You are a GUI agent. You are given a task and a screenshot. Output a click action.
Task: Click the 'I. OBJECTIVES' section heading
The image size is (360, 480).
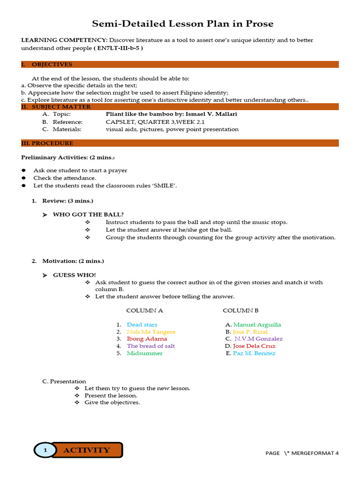coord(46,64)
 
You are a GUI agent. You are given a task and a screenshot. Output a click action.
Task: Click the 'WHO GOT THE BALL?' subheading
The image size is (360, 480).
coord(88,215)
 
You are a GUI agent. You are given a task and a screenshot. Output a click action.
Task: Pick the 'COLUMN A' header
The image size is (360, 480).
coord(144,310)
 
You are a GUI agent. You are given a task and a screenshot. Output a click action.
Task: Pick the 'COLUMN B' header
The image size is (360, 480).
coord(240,310)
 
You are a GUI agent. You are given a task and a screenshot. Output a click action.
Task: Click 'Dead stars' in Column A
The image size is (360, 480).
coord(142,324)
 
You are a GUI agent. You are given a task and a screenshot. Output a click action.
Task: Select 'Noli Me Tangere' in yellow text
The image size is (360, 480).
coord(151,332)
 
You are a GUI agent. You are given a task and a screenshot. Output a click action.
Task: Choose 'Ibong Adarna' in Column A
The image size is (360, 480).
coord(147,339)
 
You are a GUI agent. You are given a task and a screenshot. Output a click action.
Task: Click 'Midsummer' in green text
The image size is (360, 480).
coord(144,353)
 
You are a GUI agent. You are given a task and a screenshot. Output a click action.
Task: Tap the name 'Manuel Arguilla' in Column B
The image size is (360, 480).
coord(257,324)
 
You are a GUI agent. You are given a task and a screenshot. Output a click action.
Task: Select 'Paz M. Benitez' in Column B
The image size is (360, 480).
coord(254,353)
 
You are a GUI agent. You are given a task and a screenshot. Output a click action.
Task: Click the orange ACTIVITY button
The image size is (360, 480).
coord(87,450)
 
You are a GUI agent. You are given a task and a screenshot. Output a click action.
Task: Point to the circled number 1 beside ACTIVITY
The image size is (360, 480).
coord(45,450)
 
